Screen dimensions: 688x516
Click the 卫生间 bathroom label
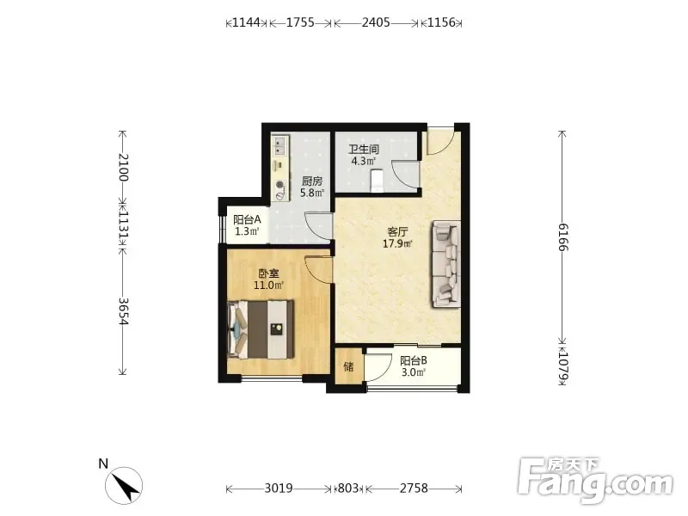coord(363,149)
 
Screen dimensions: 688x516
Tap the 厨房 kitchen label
coord(312,181)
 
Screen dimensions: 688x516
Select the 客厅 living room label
coord(397,231)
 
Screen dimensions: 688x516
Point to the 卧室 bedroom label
coord(268,273)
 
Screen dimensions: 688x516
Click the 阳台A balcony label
coord(247,219)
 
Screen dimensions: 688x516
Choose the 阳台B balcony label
coord(414,360)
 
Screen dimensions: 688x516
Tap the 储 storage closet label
coord(348,366)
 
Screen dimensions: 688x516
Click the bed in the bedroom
coord(261,329)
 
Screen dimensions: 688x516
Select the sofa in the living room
coord(446,264)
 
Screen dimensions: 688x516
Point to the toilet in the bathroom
coord(377,181)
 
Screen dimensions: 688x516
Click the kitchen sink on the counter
coord(280,145)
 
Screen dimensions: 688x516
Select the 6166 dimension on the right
coord(563,237)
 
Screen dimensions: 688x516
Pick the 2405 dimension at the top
coord(376,22)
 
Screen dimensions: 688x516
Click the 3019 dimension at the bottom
coord(279,488)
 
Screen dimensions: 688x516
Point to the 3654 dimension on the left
coord(123,311)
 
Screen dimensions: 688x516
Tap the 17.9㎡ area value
coord(397,243)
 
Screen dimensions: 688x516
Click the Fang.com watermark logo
coord(595,481)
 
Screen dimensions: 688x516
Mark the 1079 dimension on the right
coord(563,367)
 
